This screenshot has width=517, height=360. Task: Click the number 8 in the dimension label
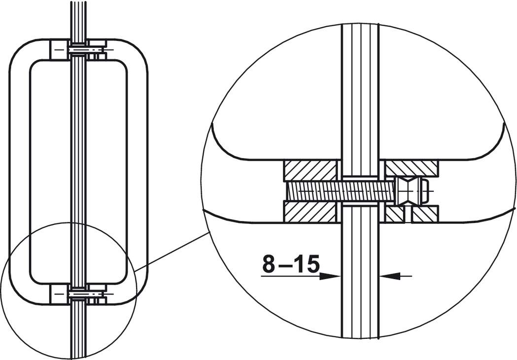pos(269,264)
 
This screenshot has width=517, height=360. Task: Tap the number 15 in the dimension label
pos(307,264)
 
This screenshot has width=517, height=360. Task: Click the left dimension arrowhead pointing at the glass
pos(330,276)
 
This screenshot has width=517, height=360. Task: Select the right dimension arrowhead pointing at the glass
pos(390,276)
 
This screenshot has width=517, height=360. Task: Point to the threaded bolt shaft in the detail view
pos(341,191)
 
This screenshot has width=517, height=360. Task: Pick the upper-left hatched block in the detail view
pos(310,171)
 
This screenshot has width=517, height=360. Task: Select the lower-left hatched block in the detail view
pos(310,212)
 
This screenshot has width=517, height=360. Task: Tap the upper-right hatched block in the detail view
pos(412,168)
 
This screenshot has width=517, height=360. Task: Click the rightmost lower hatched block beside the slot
pos(425,214)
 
